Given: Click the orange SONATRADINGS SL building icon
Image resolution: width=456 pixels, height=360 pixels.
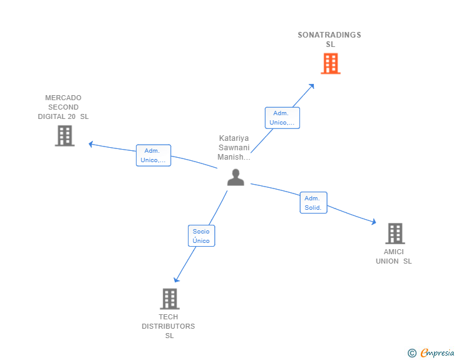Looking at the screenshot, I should coord(330,63).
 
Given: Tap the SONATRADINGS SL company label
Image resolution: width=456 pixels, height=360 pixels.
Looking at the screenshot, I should coord(329,39).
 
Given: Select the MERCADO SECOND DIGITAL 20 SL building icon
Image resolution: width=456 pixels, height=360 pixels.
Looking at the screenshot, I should coord(65,135).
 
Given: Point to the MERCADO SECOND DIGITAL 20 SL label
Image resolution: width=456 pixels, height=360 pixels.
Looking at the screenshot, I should coord(63,107).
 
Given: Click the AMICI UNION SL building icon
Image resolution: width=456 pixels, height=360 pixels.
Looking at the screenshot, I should coord(395,234).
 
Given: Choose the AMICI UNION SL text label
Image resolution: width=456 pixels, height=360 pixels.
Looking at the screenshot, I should coord(394,257).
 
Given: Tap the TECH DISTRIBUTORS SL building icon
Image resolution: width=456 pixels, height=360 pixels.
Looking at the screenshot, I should coord(170,299).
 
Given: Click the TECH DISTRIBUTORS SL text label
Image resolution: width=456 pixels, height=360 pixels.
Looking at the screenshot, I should coord(168,326).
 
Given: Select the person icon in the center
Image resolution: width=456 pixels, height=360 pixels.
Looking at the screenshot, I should coord(236,177).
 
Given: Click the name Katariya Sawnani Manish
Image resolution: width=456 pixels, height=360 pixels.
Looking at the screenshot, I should coord(234,148).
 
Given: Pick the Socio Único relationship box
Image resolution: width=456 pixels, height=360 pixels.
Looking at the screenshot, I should coord(201,236).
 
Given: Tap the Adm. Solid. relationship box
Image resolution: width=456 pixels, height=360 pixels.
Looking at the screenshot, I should coord(313,203).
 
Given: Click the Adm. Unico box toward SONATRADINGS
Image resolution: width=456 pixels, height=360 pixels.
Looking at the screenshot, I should coord(282,118).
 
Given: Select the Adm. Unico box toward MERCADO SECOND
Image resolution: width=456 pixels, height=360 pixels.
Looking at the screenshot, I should coord(153,155).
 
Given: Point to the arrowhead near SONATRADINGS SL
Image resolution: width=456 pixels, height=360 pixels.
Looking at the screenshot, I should coord(312,86).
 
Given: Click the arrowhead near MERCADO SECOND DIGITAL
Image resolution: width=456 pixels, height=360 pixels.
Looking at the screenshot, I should coord(91,144).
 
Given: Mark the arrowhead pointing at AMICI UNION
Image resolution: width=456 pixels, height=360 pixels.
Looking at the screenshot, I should coord(373,222).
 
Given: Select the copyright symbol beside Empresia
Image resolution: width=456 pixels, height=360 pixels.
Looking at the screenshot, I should coord(412,353).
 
